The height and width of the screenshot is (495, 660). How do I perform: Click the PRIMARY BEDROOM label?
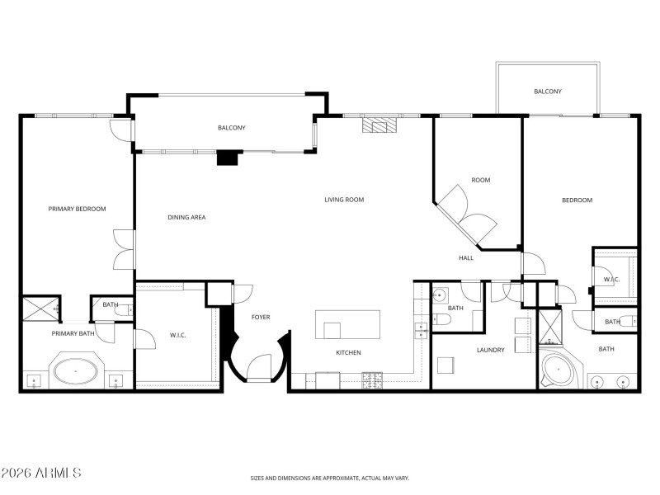[x=78, y=209]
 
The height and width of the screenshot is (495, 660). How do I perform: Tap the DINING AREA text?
[x=186, y=217]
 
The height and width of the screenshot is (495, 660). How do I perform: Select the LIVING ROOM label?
[x=344, y=200]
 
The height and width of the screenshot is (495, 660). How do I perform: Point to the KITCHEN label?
[x=348, y=353]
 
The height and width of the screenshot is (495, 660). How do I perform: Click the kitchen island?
[x=348, y=323]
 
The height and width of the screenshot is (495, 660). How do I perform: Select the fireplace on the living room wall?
[x=379, y=125]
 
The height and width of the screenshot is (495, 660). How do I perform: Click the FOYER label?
[x=261, y=318]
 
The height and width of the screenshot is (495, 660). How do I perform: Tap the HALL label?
[x=466, y=258]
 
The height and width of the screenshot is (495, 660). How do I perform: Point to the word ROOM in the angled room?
[x=481, y=180]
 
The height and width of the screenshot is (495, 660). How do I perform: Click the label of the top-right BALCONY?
[x=548, y=92]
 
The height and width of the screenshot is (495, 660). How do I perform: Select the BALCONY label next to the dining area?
[x=232, y=128]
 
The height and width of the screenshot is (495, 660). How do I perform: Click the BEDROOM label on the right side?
[x=577, y=200]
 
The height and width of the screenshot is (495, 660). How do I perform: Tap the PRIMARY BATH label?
[x=73, y=334]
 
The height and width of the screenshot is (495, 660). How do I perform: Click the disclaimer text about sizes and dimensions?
[x=329, y=478]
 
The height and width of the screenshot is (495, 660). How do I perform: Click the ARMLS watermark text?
[x=40, y=474]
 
